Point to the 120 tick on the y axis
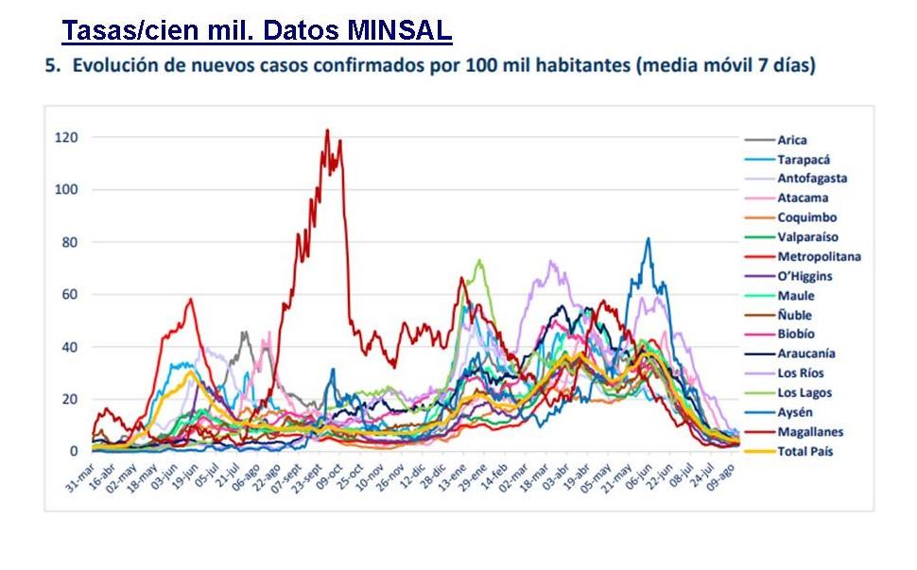65,138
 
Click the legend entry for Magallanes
808,432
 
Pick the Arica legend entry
792,140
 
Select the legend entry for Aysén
795,412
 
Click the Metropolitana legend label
819,256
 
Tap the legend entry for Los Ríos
800,373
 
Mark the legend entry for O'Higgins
804,276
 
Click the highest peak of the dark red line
327,131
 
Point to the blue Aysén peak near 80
648,239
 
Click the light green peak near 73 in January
479,260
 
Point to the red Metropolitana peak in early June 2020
191,300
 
